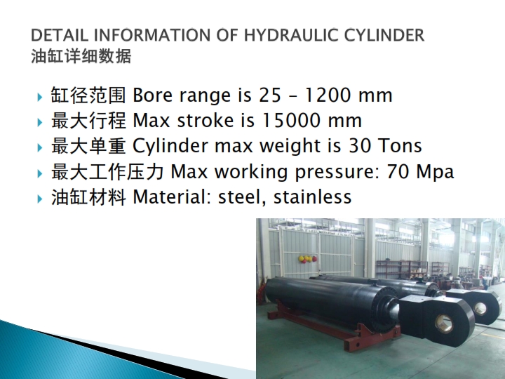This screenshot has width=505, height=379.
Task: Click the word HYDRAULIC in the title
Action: [x=291, y=35]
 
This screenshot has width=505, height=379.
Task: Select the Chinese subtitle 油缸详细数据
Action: [x=81, y=56]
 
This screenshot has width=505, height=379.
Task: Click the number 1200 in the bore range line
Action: [x=328, y=95]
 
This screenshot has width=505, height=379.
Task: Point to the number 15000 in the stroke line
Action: [x=292, y=121]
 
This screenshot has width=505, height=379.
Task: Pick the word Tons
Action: [x=400, y=146]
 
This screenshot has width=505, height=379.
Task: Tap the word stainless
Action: [x=312, y=197]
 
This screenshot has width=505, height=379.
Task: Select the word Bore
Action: [x=152, y=95]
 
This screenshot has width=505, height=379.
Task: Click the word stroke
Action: [x=206, y=121]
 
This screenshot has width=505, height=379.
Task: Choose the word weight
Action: [x=290, y=146]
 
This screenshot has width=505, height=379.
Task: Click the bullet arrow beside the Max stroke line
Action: [x=40, y=122]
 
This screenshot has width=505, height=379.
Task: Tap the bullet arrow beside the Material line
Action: [x=40, y=199]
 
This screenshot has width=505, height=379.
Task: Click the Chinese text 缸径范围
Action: [x=88, y=95]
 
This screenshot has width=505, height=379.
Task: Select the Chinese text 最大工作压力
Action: [x=107, y=171]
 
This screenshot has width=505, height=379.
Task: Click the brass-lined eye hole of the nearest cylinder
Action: [x=445, y=324]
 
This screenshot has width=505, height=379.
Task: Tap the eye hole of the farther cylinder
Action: [x=480, y=308]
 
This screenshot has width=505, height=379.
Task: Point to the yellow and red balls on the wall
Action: [x=308, y=259]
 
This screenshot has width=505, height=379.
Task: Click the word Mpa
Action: [x=435, y=172]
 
